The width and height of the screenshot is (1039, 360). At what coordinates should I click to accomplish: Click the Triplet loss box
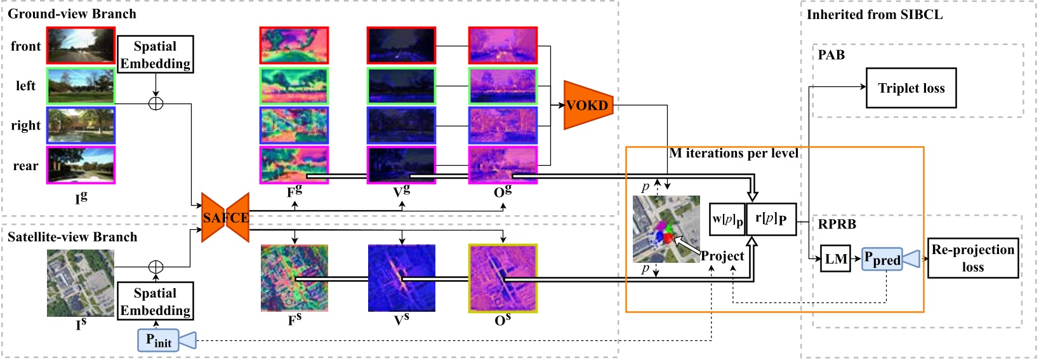(x=911, y=88)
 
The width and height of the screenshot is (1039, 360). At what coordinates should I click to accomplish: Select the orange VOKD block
(x=588, y=105)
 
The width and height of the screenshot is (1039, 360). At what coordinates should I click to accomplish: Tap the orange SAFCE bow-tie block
(x=225, y=218)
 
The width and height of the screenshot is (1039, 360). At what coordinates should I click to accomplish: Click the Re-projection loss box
(x=972, y=258)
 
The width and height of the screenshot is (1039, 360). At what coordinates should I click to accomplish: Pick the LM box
(x=835, y=258)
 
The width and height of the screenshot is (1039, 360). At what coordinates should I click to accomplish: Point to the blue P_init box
(x=158, y=340)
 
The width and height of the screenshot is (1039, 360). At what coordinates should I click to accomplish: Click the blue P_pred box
(x=882, y=259)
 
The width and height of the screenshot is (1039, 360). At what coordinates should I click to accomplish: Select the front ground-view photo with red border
(x=81, y=46)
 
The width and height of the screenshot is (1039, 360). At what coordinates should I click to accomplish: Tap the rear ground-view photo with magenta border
(x=81, y=166)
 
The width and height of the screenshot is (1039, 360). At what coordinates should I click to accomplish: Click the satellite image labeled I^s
(x=81, y=283)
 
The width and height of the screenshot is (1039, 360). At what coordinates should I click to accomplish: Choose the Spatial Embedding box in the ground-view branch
(x=156, y=55)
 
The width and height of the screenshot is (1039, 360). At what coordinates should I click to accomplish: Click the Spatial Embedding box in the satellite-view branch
(x=156, y=302)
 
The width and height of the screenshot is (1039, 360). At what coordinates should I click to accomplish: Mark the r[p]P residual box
(x=771, y=219)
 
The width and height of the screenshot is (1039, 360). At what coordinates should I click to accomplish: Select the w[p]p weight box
(x=727, y=220)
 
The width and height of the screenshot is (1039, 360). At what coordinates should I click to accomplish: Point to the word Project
(x=722, y=256)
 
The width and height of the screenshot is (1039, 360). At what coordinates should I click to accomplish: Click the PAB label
(x=831, y=55)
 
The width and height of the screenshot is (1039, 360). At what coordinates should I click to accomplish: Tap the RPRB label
(x=837, y=224)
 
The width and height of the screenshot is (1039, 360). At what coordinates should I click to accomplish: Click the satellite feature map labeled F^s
(x=294, y=278)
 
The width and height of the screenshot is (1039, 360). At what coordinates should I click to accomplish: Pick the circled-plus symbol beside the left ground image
(x=156, y=103)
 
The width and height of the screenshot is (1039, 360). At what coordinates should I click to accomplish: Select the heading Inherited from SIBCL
(x=874, y=15)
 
